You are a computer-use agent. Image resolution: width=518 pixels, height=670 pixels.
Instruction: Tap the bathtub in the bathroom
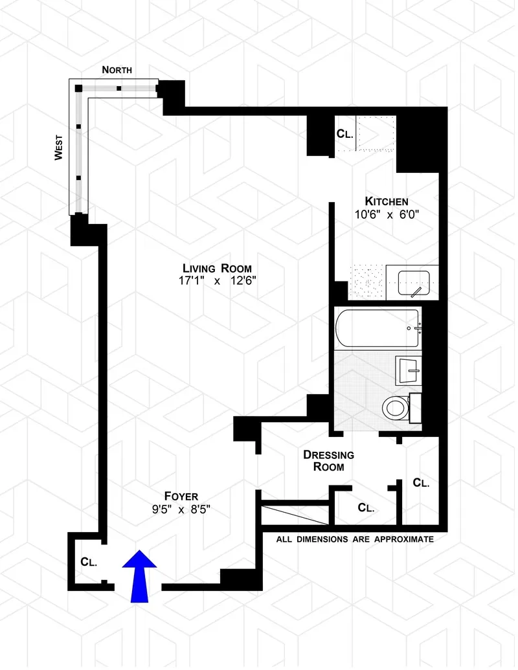(x=377, y=328)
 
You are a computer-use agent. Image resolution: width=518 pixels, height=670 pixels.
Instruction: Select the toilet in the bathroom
(x=396, y=408)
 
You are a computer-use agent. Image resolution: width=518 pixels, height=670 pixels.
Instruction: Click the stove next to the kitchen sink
(x=367, y=284)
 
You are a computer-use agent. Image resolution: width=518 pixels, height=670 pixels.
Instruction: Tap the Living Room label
(x=216, y=268)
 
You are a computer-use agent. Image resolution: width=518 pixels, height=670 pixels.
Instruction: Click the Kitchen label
(x=386, y=201)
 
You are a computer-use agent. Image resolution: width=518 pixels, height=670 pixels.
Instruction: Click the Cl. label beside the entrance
(x=89, y=562)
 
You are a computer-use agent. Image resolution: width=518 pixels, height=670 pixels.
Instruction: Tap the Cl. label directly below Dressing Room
(x=366, y=508)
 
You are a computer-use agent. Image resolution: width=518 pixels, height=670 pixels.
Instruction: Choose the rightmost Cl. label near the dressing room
(x=421, y=483)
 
